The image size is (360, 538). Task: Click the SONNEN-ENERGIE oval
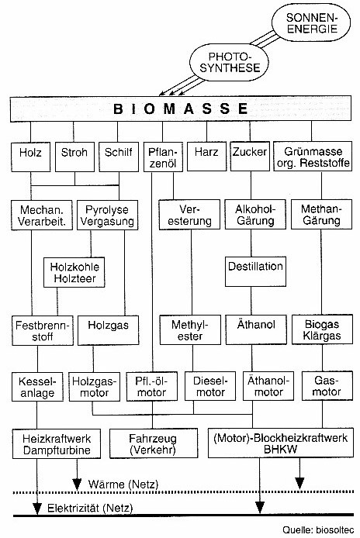tap(311, 22)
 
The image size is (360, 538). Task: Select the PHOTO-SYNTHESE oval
tap(229, 62)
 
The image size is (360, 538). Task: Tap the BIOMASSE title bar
tap(181, 109)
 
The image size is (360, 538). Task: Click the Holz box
tap(30, 157)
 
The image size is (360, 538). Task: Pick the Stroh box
tap(74, 157)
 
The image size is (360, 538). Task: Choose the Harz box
tap(207, 157)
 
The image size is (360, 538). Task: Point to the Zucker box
tap(250, 157)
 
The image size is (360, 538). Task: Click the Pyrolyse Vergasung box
tap(108, 216)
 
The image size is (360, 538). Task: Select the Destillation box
tap(255, 271)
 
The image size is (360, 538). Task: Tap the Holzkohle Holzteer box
tap(74, 272)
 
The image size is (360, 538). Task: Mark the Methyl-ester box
tap(190, 330)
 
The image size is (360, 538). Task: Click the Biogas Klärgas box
tap(322, 329)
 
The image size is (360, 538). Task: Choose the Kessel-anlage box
tap(37, 387)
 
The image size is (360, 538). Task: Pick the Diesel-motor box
tap(210, 386)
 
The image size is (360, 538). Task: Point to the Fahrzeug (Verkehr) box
tap(154, 443)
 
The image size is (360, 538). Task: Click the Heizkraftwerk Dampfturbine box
tap(57, 443)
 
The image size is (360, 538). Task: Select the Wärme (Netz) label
tap(123, 485)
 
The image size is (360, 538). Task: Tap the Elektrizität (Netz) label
tap(90, 508)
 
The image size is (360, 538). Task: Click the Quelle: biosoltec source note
tap(318, 530)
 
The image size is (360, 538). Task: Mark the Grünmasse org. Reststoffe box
tap(313, 157)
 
